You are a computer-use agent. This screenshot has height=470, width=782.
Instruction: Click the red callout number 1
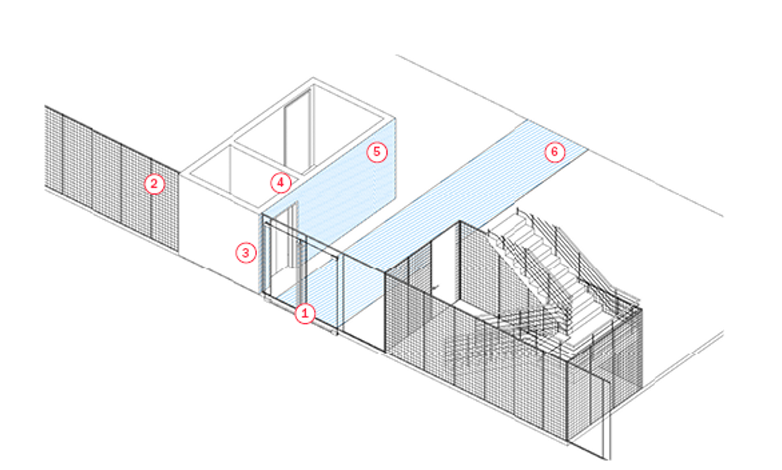[304, 314]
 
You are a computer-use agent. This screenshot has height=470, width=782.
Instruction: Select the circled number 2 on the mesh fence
[153, 184]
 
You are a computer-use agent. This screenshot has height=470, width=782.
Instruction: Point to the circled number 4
[281, 182]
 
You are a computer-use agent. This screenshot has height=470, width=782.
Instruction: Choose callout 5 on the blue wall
[377, 152]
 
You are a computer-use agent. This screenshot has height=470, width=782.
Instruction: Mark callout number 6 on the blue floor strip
[554, 152]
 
